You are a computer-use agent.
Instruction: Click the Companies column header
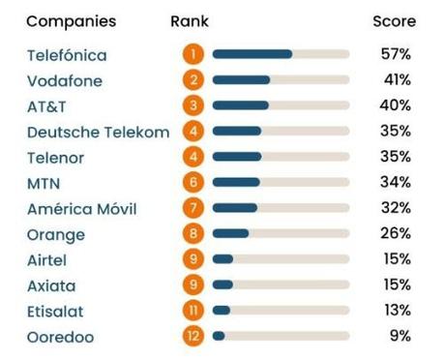coord(71,21)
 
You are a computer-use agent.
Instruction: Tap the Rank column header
coord(189,21)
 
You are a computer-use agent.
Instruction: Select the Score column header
coord(394,21)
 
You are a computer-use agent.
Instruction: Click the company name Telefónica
coord(67,55)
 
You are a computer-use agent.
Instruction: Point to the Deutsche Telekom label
coord(98,132)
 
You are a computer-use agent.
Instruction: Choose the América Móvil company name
coord(81,209)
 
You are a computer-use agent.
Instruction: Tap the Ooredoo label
coord(65,337)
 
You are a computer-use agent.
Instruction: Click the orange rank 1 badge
coord(194,54)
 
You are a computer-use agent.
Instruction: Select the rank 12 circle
coord(194,337)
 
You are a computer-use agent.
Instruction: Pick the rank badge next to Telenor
coord(194,157)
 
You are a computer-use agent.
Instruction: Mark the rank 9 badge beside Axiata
coord(194,285)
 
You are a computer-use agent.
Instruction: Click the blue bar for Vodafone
coord(241,80)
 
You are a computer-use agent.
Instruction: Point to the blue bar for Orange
coord(230,234)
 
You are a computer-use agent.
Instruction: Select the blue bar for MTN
coord(236,183)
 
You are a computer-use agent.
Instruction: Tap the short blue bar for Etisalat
coord(222,311)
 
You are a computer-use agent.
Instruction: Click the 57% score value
coord(396,54)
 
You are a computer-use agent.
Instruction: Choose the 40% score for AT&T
coord(396,105)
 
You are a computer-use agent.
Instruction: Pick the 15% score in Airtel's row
coord(396,259)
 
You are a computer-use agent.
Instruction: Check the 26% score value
coord(396,234)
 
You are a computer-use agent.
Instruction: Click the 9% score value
coord(399,336)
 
